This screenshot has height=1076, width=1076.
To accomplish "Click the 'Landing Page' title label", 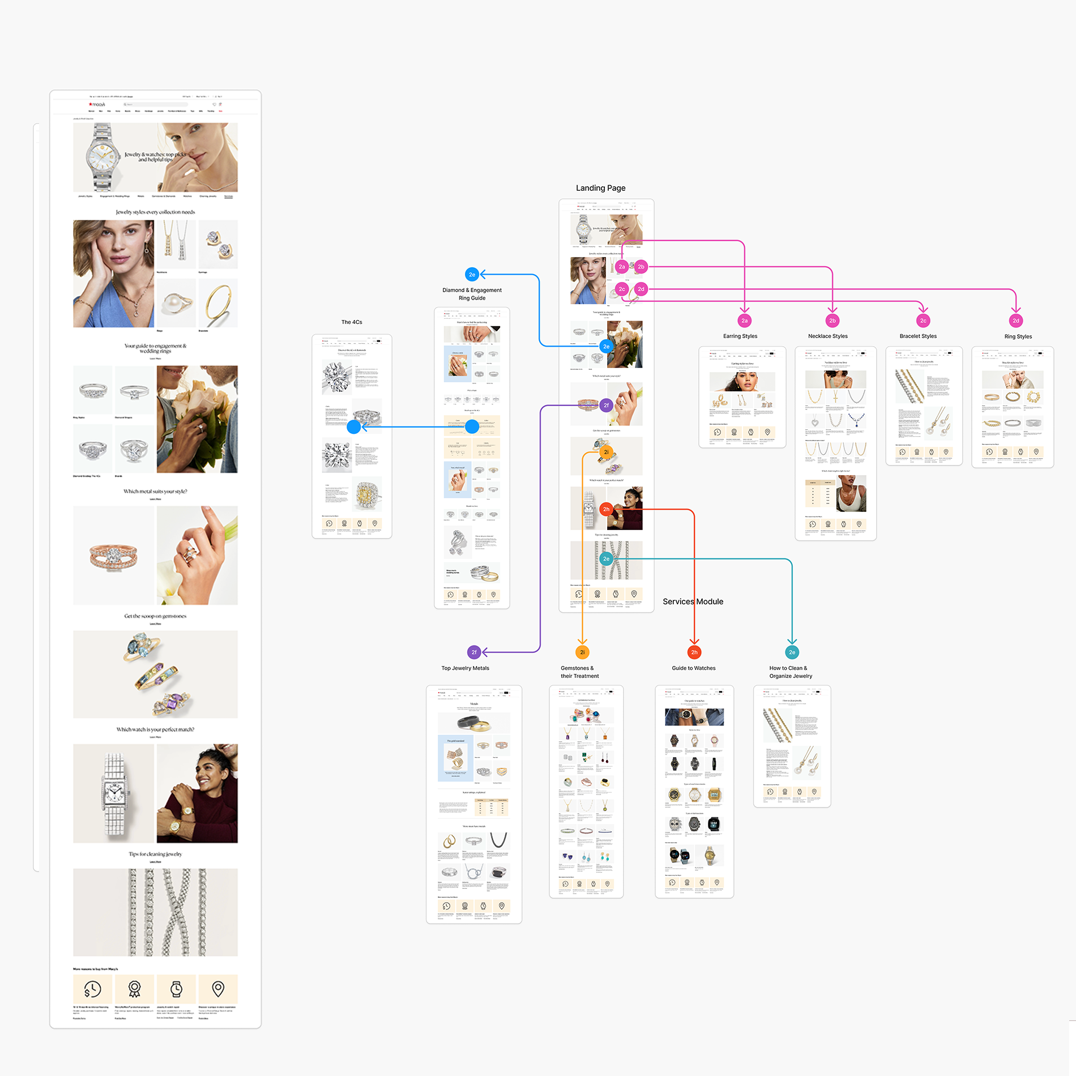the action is pyautogui.click(x=600, y=188).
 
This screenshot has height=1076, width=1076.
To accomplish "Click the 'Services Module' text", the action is pyautogui.click(x=693, y=601).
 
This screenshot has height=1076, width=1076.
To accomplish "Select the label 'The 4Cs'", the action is pyautogui.click(x=352, y=322).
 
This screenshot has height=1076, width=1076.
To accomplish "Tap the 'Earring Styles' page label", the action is pyautogui.click(x=740, y=336).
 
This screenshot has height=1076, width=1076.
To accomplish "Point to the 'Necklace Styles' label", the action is pyautogui.click(x=827, y=336).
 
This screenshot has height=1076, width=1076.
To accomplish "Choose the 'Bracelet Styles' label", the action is pyautogui.click(x=917, y=336).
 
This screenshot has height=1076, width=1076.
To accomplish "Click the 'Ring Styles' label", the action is pyautogui.click(x=1018, y=336).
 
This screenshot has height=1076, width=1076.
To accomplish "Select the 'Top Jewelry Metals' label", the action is pyautogui.click(x=465, y=668).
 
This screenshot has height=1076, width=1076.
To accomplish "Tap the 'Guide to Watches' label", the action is pyautogui.click(x=693, y=668).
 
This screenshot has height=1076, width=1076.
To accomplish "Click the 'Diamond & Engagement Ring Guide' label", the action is pyautogui.click(x=472, y=294).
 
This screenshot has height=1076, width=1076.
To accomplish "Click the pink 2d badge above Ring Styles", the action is pyautogui.click(x=1016, y=321).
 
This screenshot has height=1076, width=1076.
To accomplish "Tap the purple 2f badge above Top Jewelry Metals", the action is pyautogui.click(x=474, y=652).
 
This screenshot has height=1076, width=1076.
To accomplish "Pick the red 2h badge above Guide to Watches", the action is pyautogui.click(x=694, y=652).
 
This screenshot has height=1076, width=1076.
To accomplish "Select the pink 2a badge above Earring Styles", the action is pyautogui.click(x=744, y=321).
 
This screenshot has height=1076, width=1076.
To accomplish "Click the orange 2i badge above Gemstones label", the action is pyautogui.click(x=582, y=652).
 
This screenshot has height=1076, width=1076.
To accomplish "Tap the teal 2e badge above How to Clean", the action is pyautogui.click(x=792, y=652).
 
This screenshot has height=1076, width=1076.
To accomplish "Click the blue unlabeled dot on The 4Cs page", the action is pyautogui.click(x=354, y=427).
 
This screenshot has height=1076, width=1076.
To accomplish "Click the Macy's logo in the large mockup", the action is pyautogui.click(x=97, y=105).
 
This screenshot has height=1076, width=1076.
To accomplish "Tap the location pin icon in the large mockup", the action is pyautogui.click(x=218, y=989).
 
